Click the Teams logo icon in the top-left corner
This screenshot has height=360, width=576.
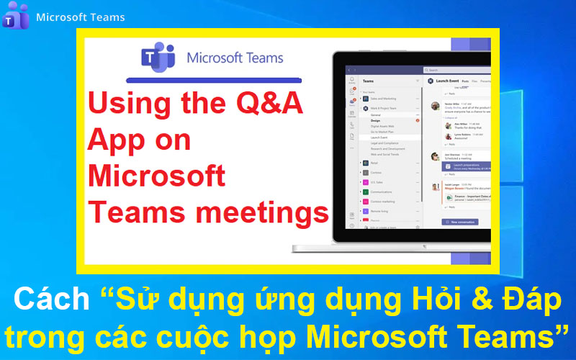click(x=17, y=17)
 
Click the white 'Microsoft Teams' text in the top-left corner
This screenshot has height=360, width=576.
click(x=80, y=17)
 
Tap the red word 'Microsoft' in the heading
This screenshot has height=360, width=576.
click(x=157, y=177)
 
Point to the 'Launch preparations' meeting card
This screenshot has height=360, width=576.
click(x=464, y=166)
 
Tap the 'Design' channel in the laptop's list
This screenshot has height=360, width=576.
click(x=376, y=120)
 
